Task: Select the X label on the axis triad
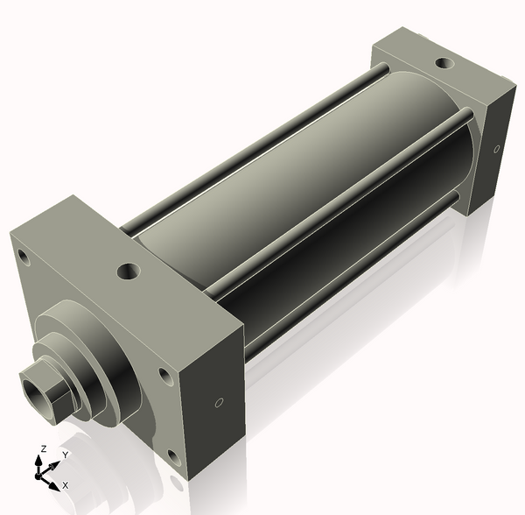tap(65, 484)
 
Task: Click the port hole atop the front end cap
tap(129, 271)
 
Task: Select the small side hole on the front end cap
tap(219, 403)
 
